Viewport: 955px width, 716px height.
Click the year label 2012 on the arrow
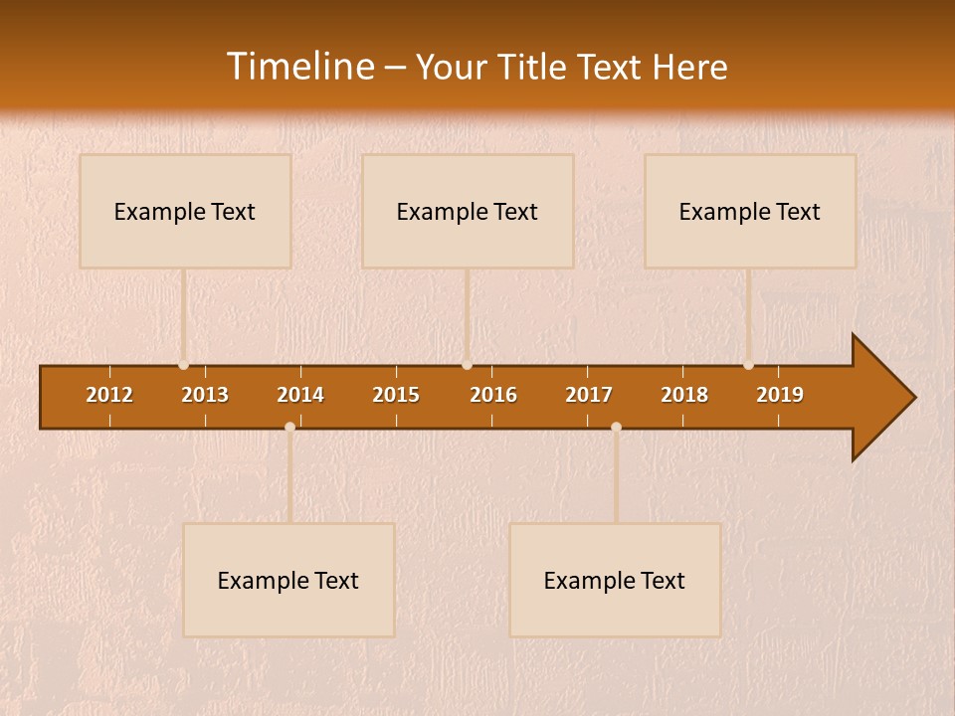tap(109, 395)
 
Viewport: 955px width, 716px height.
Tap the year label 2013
tap(205, 395)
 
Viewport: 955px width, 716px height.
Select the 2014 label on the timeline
tap(300, 395)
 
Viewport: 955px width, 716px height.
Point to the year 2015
tap(396, 395)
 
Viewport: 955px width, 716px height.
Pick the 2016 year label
tap(493, 395)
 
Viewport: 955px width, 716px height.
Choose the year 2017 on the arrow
tap(589, 395)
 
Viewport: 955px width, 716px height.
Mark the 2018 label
tap(684, 395)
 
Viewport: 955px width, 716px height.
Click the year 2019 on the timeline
tap(780, 395)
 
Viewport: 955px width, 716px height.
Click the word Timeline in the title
tap(299, 67)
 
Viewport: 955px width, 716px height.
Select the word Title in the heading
tap(534, 67)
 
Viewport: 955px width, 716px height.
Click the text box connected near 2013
tap(185, 211)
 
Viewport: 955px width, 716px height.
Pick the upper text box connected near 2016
tap(468, 211)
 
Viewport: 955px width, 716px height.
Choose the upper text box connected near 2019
tap(750, 211)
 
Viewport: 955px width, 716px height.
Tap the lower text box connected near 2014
tap(288, 580)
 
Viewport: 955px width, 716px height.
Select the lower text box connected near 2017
tap(615, 580)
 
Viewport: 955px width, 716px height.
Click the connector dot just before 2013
tap(183, 365)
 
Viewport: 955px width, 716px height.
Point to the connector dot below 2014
tap(289, 428)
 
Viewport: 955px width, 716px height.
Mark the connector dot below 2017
tap(616, 428)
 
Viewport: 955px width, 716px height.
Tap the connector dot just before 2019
tap(748, 365)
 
